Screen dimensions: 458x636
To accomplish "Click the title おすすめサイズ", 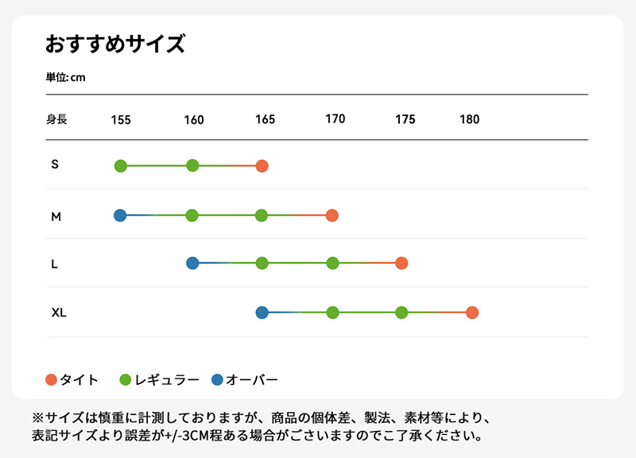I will (x=115, y=44).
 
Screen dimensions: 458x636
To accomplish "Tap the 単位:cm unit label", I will (x=66, y=77).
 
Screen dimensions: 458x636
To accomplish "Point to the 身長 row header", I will (x=56, y=120).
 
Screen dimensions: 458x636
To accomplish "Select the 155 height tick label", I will (x=121, y=120).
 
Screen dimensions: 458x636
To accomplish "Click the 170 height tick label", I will (x=335, y=119).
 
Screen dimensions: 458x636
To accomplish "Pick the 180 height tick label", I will (x=470, y=120).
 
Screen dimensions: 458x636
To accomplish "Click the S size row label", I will (x=55, y=165).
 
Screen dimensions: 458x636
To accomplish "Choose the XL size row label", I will (x=59, y=312).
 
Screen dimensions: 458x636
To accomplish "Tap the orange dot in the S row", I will (x=262, y=165).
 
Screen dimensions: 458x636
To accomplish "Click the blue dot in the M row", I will (x=120, y=215).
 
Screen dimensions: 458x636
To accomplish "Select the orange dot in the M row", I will (x=332, y=215).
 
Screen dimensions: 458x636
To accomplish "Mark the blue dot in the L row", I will (x=192, y=263).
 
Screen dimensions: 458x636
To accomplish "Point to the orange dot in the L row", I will (x=401, y=263).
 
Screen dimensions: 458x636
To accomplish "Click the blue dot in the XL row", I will (x=262, y=312).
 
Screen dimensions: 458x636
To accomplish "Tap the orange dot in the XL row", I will (x=472, y=312).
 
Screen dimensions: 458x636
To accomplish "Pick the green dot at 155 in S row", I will (x=121, y=165).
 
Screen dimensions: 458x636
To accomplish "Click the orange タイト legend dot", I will (x=52, y=379).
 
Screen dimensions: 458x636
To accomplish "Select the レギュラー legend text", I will (x=169, y=379).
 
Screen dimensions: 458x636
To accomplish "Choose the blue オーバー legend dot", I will (x=218, y=379).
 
